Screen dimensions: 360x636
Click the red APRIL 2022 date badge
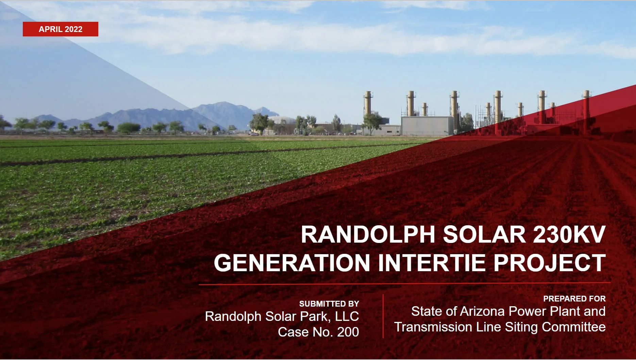point(61,29)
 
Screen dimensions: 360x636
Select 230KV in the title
point(569,234)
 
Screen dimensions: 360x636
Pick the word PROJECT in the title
point(549,263)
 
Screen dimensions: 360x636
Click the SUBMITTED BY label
point(329,304)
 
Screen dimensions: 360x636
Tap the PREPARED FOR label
point(574,299)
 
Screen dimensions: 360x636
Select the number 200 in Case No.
point(348,332)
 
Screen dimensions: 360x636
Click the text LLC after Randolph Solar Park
point(347,316)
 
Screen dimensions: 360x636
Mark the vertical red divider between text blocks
point(383,316)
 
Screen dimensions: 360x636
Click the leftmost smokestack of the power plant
point(367,104)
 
